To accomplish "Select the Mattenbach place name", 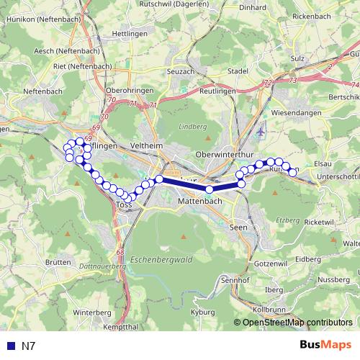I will pyautogui.click(x=198, y=204).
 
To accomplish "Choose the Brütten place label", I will pyautogui.click(x=56, y=263).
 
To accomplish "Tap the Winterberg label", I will pyautogui.click(x=90, y=312).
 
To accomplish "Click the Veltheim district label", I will pyautogui.click(x=149, y=145).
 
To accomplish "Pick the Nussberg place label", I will pyautogui.click(x=333, y=279).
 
